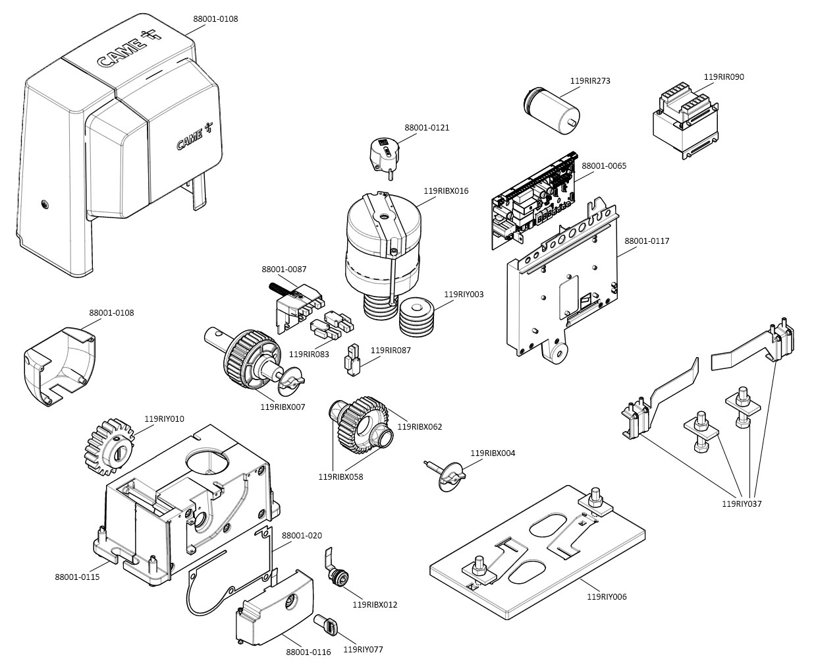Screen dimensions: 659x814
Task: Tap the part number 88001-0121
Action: tap(427, 128)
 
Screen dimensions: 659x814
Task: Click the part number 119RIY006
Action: tap(607, 597)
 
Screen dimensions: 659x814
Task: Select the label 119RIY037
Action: tap(742, 504)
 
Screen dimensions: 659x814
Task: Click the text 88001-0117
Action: tap(647, 241)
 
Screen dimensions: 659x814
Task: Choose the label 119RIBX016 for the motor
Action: tap(446, 191)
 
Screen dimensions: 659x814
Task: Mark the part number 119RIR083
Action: tap(309, 355)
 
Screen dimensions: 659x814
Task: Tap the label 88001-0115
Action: tap(77, 577)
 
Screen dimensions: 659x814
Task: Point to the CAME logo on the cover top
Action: tap(122, 53)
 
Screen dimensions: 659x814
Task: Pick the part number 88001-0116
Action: tap(308, 652)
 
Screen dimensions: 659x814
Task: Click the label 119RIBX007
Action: tap(283, 407)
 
